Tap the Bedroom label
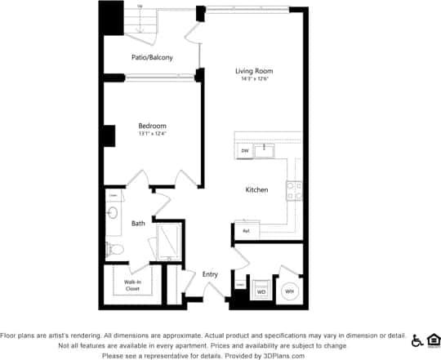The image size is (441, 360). [152, 126]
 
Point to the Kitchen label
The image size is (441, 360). [256, 190]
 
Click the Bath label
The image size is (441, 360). [138, 223]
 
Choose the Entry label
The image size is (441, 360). [210, 274]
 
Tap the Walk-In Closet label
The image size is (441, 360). [131, 285]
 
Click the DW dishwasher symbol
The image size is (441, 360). [244, 151]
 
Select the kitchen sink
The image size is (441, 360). [265, 150]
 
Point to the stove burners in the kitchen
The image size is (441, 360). [293, 191]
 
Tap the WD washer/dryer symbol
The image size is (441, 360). [262, 290]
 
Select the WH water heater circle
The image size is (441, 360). [288, 291]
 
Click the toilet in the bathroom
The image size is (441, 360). [114, 248]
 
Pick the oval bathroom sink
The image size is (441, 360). [113, 214]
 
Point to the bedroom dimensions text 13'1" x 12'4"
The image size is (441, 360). [152, 134]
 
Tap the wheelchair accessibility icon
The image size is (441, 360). [416, 340]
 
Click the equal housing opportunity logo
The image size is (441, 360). [433, 340]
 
